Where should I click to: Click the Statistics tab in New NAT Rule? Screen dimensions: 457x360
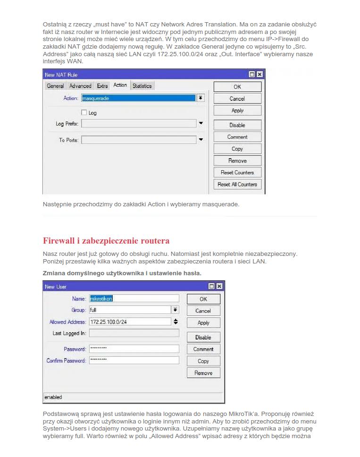pos(142,86)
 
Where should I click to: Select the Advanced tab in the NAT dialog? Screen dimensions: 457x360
pos(80,86)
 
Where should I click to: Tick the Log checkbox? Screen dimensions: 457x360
pos(84,113)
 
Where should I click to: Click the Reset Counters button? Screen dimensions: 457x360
pos(237,173)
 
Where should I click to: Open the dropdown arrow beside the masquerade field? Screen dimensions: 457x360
pos(201,98)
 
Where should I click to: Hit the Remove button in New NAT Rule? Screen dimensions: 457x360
pos(237,161)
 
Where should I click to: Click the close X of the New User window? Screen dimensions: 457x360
pos(219,287)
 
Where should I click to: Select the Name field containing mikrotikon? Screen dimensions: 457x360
pos(134,298)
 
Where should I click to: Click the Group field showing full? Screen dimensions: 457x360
pos(130,310)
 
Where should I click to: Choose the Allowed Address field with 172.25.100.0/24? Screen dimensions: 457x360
pos(130,322)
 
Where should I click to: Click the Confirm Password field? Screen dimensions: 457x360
pos(134,360)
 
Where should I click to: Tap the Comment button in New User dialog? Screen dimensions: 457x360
pos(203,349)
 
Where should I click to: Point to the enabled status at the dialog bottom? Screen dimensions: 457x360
pos(53,397)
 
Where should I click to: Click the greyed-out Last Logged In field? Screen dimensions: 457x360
pos(134,333)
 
